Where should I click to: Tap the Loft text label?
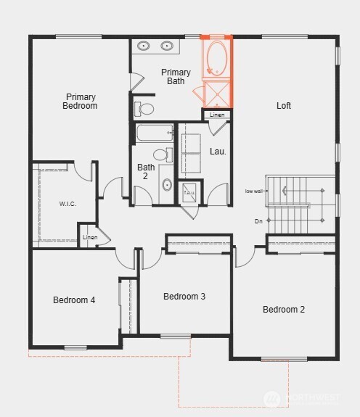point(284,106)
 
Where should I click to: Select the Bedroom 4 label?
point(74,300)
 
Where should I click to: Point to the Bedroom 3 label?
point(184,296)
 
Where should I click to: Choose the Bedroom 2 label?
point(284,310)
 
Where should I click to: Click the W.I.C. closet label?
point(67,204)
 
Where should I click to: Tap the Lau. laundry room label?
point(218,152)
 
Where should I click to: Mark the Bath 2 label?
point(147,172)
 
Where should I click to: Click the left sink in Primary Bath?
point(144,46)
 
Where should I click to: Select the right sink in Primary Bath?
point(167,46)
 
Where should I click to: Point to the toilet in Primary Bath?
point(144,110)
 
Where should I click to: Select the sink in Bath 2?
point(166,185)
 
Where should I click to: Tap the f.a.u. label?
point(189,192)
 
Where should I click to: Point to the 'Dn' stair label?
point(258,220)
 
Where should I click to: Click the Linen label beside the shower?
point(217,115)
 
